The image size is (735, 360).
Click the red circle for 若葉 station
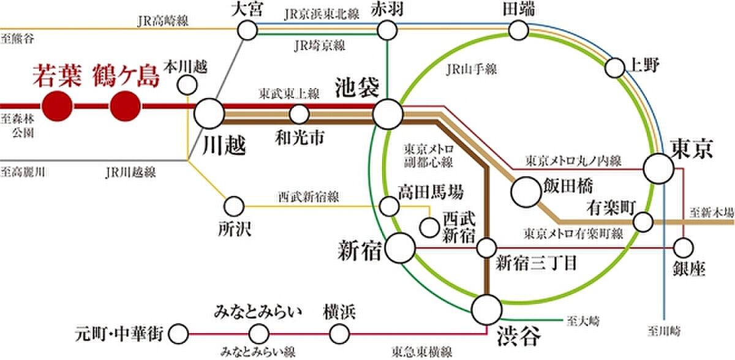coord(58,106)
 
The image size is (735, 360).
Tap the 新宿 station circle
coord(401,247)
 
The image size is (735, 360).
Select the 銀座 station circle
coord(683,248)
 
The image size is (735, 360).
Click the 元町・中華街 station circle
coord(178,334)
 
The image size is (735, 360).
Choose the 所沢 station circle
coord(234,206)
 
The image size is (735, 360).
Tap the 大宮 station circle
coord(247,29)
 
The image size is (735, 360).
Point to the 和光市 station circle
coord(299,114)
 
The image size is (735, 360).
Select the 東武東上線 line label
coord(281,94)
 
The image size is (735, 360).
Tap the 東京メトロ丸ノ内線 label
coord(573,161)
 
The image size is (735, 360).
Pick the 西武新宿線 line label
coord(300,197)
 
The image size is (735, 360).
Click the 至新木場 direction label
coord(712,211)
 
